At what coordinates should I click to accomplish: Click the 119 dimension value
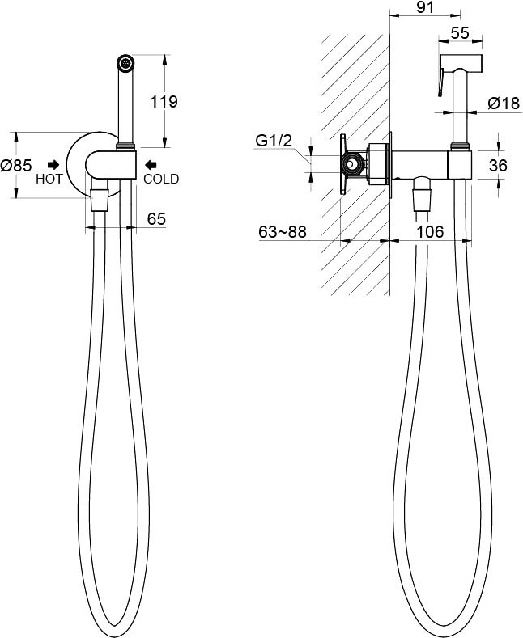[x=164, y=101]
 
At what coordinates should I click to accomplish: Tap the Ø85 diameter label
[x=16, y=165]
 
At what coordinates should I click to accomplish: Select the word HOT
[x=49, y=179]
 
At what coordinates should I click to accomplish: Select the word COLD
[x=161, y=179]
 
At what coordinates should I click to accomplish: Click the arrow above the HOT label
[x=53, y=164]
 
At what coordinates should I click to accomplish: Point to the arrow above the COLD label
[x=151, y=164]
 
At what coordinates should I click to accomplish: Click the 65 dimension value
[x=156, y=219]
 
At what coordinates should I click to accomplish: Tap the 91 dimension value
[x=425, y=7]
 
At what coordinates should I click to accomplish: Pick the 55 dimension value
[x=460, y=33]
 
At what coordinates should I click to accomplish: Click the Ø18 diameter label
[x=504, y=104]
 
